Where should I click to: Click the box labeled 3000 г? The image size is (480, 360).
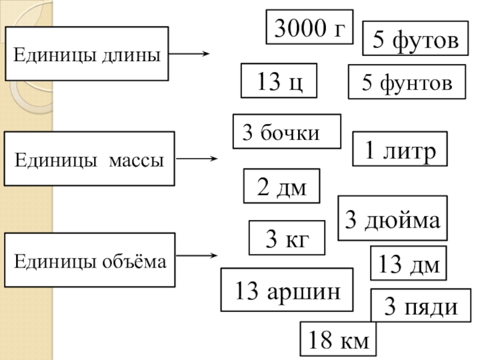(310, 27)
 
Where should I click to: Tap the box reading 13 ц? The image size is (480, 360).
(278, 81)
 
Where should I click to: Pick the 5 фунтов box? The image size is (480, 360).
(407, 82)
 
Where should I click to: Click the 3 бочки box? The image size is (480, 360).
(286, 131)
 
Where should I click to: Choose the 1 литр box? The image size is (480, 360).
(400, 149)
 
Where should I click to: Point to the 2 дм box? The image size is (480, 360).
(281, 186)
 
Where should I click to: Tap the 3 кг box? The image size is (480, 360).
(287, 238)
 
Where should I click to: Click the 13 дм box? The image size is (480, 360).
(409, 263)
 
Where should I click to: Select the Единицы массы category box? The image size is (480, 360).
(89, 159)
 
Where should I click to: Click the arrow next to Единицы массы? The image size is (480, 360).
(196, 159)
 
